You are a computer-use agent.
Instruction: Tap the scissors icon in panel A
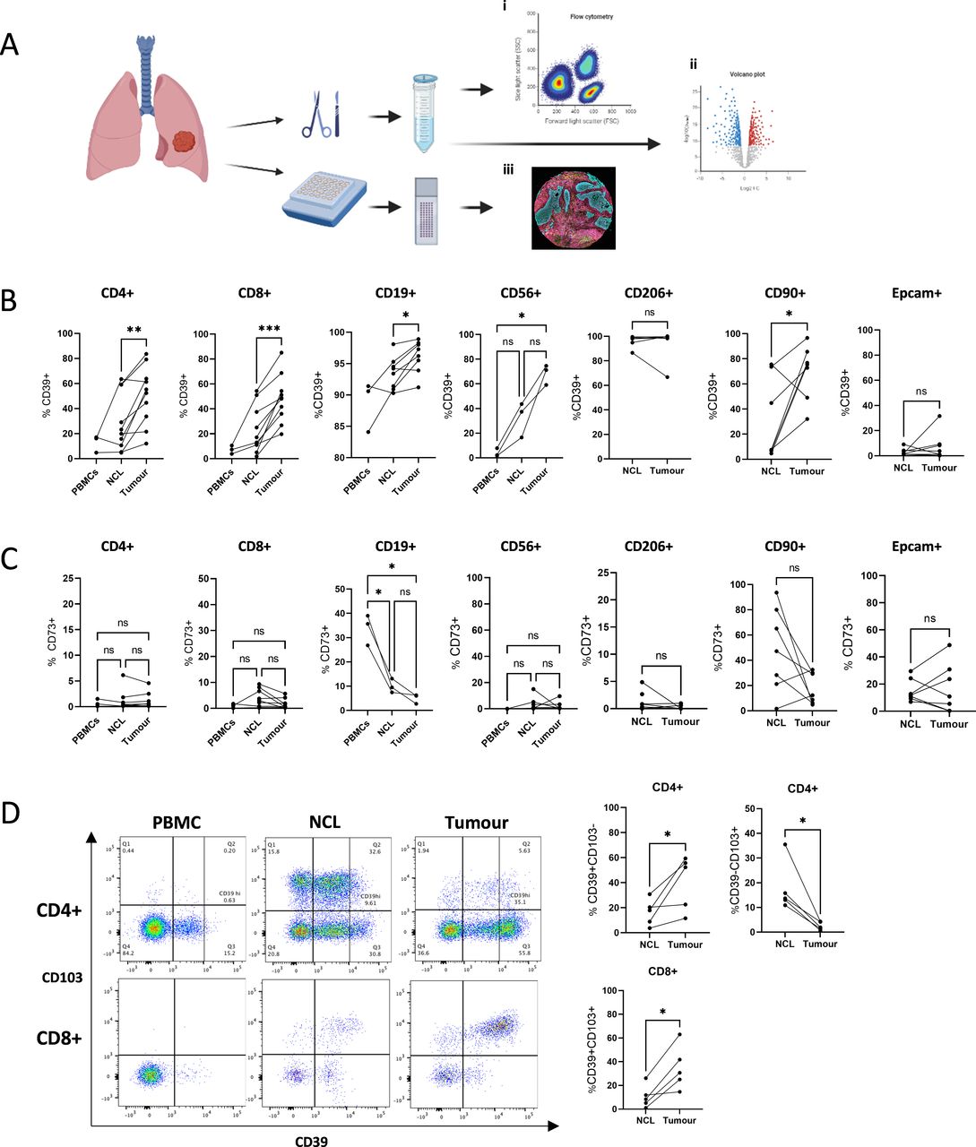point(316,119)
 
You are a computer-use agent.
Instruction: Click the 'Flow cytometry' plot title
point(591,17)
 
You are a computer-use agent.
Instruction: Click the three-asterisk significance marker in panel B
point(269,330)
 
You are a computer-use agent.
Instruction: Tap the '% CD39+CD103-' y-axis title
point(592,870)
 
